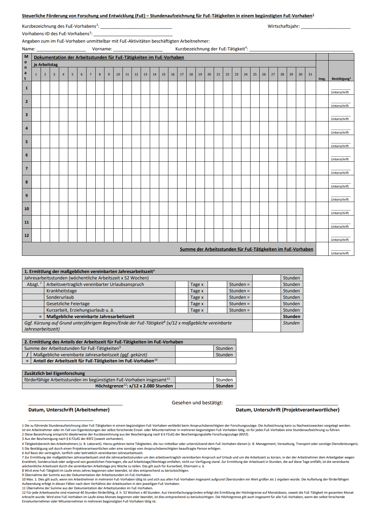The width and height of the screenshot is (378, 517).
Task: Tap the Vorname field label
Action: tap(102, 49)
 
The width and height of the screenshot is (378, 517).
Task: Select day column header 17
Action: tap(182, 74)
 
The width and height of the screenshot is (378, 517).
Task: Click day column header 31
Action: tap(310, 74)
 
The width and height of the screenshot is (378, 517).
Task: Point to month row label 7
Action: tap(27, 168)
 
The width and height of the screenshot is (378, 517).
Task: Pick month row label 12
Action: tap(27, 235)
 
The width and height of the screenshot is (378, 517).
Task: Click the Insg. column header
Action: tap(322, 79)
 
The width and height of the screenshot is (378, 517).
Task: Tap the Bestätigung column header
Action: tap(341, 79)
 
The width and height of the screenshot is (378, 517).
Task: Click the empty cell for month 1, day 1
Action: tap(36, 88)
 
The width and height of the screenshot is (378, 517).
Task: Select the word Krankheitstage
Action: tap(62, 291)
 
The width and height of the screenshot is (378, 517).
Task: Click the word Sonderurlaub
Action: tap(60, 297)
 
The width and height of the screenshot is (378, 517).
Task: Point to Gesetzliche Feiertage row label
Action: tap(68, 304)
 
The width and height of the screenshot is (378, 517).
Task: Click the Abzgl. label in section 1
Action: tap(33, 285)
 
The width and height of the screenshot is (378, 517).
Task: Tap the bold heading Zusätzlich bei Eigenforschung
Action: tap(54, 374)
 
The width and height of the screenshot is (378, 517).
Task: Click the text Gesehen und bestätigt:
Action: tap(197, 403)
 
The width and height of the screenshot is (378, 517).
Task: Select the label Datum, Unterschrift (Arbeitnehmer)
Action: tap(69, 410)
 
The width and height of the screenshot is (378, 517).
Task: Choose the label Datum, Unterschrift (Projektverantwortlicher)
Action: tap(287, 410)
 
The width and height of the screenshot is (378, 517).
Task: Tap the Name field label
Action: tap(28, 49)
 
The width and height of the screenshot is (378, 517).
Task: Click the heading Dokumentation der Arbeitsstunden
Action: tap(109, 58)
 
